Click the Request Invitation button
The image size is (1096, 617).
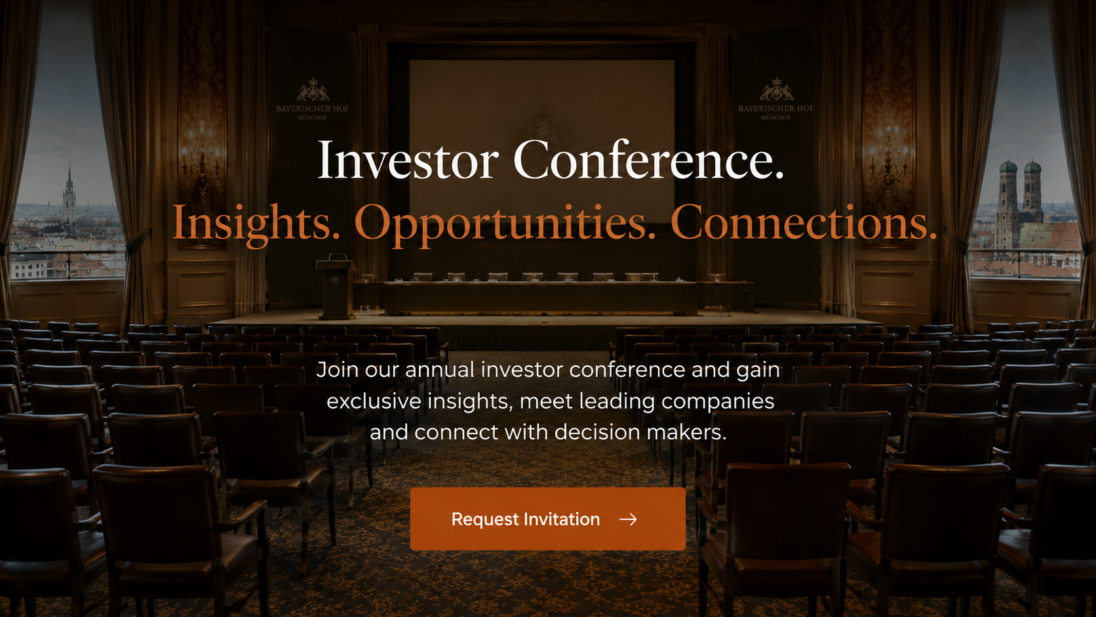[547, 519]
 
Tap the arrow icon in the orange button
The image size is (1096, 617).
[628, 519]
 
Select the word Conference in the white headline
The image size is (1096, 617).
[648, 159]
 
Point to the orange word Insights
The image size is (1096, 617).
[256, 223]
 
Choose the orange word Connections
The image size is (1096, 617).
[804, 223]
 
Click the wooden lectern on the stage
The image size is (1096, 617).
[336, 288]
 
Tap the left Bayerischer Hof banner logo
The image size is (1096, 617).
[312, 99]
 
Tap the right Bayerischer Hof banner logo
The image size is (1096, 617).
[776, 99]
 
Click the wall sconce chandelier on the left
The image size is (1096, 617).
[201, 157]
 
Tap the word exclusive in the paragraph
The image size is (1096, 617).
[374, 401]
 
